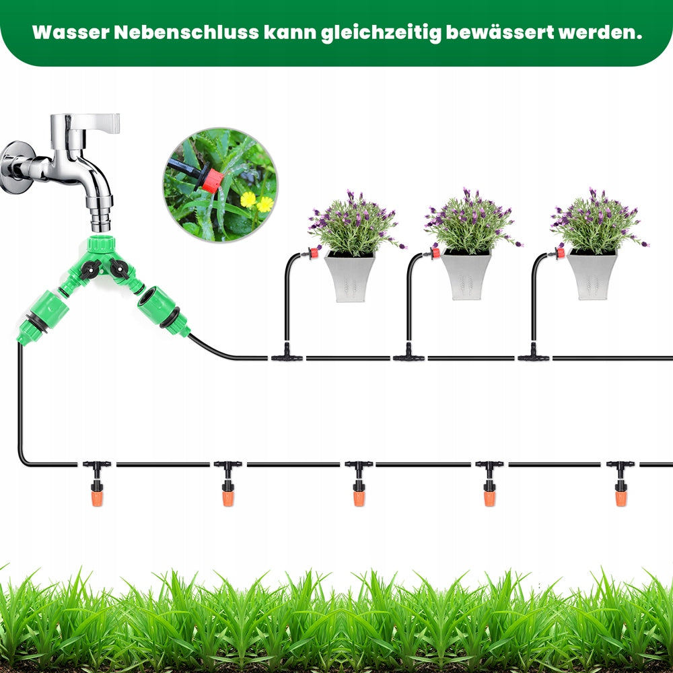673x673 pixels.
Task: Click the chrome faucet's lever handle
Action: coord(94,122)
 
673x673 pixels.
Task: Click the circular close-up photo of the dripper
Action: coord(220,185)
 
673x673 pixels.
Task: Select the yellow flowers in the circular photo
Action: coord(257,201)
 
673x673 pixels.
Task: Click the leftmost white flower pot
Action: coord(350,276)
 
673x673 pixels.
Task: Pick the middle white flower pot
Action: coord(466,275)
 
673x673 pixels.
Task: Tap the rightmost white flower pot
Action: coord(592,275)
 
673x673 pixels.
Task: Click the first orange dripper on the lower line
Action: coord(97,495)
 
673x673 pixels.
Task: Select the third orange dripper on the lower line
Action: coord(359,495)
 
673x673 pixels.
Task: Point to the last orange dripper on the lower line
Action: coord(621,495)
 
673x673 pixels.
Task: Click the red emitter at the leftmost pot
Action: coord(312,254)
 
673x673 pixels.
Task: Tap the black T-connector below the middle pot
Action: coord(409,356)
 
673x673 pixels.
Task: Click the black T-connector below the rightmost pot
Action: coord(534,356)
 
